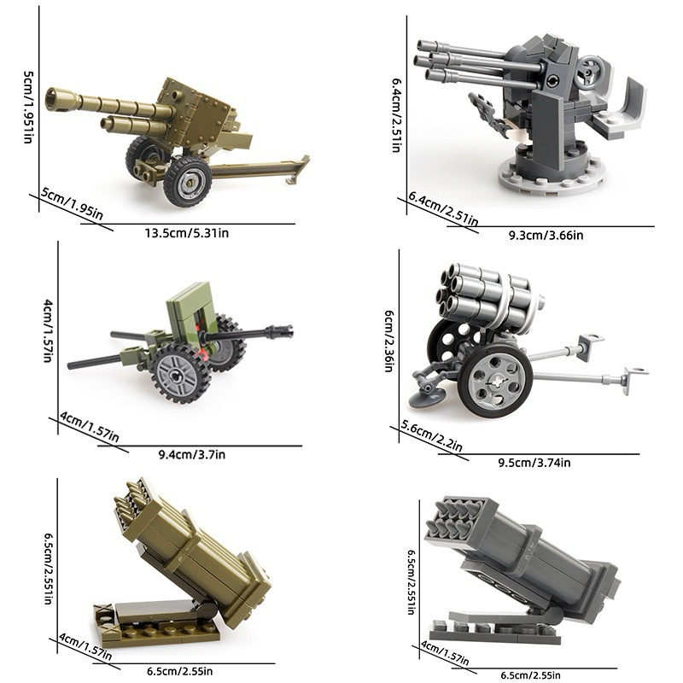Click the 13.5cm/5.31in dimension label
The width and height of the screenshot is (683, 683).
(187, 233)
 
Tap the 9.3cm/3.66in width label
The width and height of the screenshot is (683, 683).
(546, 236)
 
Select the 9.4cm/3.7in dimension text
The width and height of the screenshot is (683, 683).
(191, 455)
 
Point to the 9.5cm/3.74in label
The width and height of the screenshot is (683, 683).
(534, 463)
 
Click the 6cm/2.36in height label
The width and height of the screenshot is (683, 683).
(389, 341)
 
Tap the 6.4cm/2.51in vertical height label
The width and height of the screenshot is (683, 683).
(396, 115)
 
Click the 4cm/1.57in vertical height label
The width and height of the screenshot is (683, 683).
(48, 330)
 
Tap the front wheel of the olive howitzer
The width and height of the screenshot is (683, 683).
(188, 181)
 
